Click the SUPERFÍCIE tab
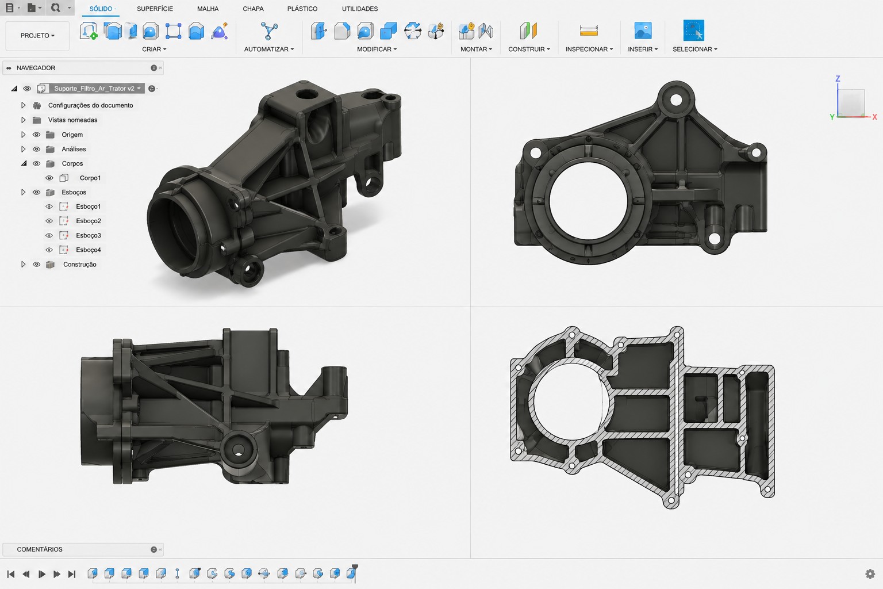pos(155,9)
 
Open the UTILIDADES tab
pos(359,9)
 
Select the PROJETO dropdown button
pos(37,36)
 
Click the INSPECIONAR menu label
pos(589,49)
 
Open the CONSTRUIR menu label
pos(529,49)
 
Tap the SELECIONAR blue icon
pos(693,30)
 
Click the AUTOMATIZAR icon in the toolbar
pos(269,30)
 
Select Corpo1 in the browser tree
pos(90,178)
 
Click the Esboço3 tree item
pos(89,235)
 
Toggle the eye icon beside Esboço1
pos(49,206)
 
